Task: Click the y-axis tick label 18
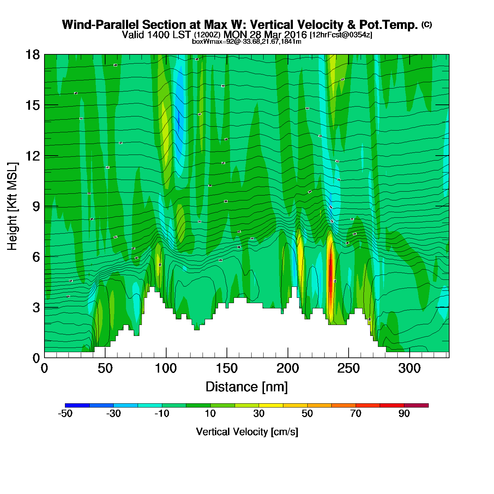tap(32, 55)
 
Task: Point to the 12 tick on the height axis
tap(32, 156)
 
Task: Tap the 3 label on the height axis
tap(36, 307)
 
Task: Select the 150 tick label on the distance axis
tap(227, 369)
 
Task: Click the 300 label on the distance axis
tap(409, 369)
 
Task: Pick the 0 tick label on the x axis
tap(44, 369)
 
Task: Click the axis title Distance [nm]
tap(247, 387)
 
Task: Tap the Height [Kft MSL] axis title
tap(12, 206)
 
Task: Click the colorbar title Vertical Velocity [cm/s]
tap(247, 432)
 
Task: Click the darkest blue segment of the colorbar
tap(77, 405)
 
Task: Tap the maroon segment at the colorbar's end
tap(416, 405)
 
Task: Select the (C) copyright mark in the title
tap(427, 24)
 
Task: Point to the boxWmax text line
tap(247, 42)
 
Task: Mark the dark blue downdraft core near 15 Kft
tap(179, 120)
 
